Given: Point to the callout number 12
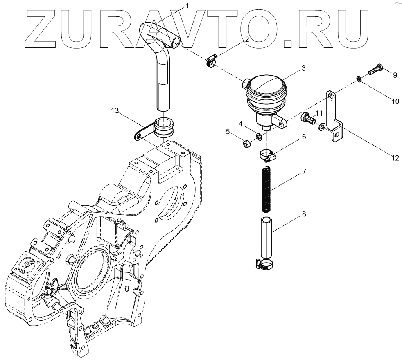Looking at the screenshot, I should (x=395, y=157).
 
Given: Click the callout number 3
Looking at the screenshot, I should (x=303, y=68).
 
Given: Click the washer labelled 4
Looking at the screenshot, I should (x=259, y=136).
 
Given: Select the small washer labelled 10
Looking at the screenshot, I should (x=358, y=79).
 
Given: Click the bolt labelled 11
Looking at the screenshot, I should (x=307, y=118).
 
